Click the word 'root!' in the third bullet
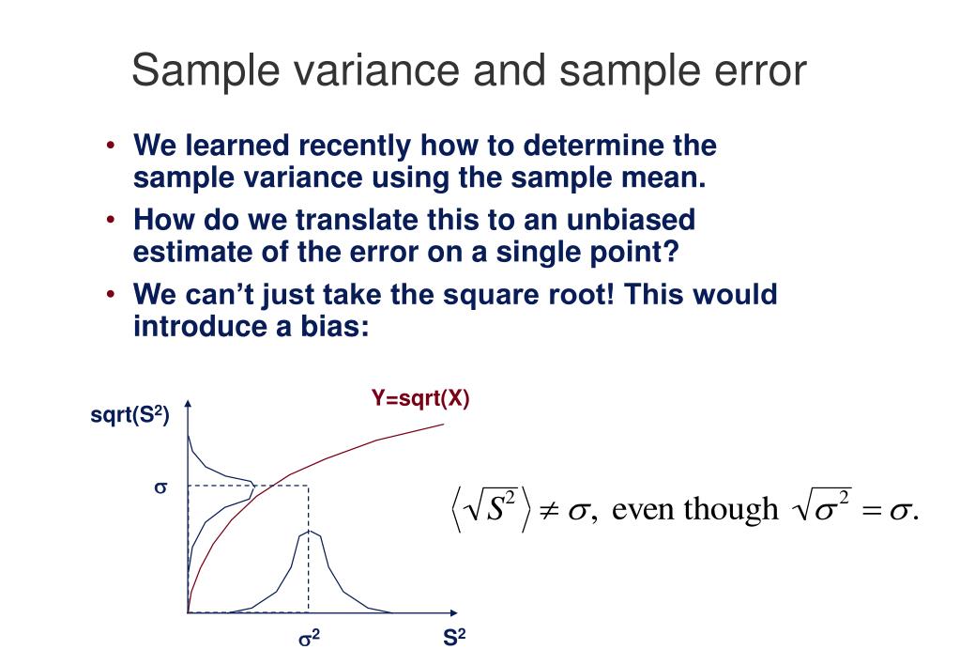[x=567, y=295]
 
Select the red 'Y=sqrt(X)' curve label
[x=419, y=398]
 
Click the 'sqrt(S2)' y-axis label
[x=130, y=416]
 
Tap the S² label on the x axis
[x=455, y=640]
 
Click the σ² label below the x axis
[x=310, y=640]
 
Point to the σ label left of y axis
[x=160, y=488]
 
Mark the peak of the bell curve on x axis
[x=309, y=532]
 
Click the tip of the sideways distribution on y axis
[x=254, y=486]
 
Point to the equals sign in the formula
[x=874, y=511]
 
